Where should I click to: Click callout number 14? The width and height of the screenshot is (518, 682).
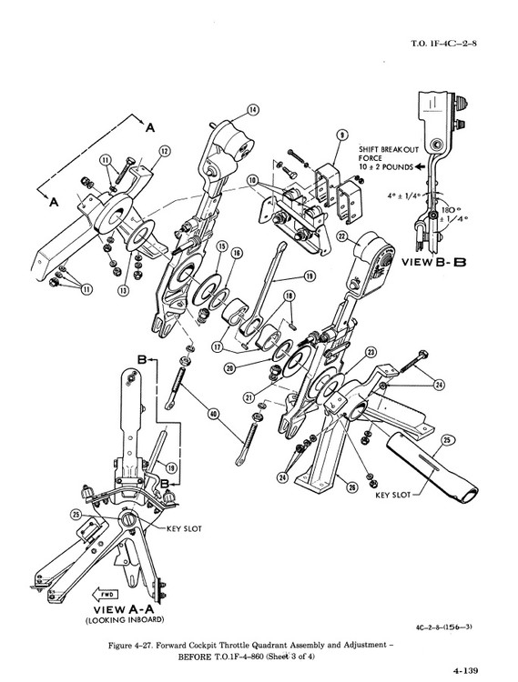252,110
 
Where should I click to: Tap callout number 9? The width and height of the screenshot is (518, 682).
343,135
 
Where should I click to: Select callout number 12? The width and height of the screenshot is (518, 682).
164,151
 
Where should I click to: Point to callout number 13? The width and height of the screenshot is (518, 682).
124,290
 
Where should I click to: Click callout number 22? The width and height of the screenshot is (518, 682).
342,236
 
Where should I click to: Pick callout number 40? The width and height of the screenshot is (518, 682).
213,414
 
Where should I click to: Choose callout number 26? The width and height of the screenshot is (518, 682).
351,487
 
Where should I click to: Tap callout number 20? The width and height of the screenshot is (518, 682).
229,368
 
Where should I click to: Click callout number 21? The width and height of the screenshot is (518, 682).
249,397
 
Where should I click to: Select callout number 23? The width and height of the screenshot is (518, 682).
371,352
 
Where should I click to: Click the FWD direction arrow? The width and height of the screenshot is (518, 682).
105,594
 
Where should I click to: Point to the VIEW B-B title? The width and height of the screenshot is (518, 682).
433,262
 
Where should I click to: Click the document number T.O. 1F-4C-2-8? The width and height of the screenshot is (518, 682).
443,44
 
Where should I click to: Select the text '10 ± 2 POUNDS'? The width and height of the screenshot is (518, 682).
386,166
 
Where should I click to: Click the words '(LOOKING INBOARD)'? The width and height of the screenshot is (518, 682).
125,619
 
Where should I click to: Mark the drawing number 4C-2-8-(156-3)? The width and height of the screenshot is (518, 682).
444,627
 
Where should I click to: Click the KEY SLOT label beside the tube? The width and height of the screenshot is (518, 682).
393,495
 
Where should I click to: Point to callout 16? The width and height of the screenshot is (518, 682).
237,253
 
